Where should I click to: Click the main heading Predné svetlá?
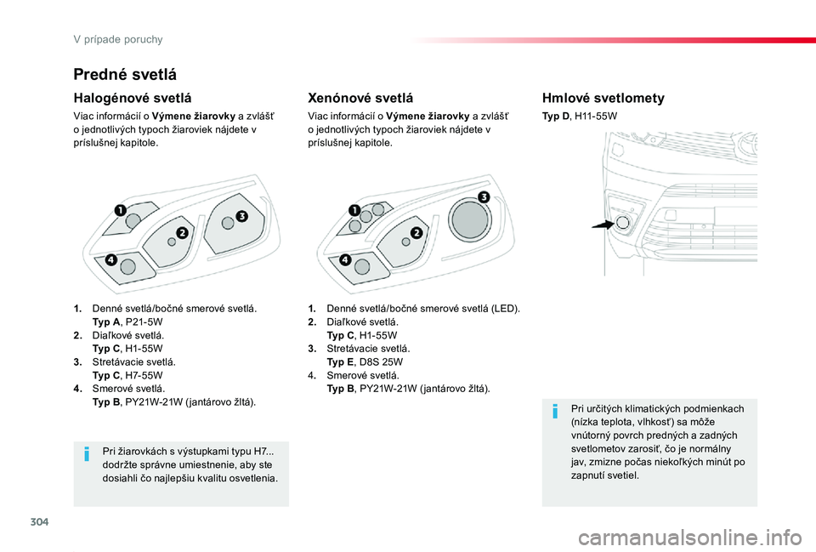tap(125, 75)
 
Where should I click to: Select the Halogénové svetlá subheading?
tap(133, 98)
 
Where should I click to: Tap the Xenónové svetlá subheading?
tap(360, 98)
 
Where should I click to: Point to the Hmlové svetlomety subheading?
tap(603, 98)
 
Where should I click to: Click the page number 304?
tap(40, 521)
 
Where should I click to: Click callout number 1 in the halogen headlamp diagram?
tap(120, 210)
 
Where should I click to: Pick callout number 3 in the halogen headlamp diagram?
tap(241, 216)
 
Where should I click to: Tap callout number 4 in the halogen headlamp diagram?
tap(110, 260)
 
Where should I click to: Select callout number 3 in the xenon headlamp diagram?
tap(484, 196)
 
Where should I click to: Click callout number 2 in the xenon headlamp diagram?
tap(416, 233)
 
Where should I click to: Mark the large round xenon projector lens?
tap(470, 219)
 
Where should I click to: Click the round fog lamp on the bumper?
tap(622, 222)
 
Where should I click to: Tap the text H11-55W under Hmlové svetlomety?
tap(596, 117)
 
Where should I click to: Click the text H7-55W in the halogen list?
tap(144, 375)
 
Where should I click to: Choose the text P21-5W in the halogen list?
tap(144, 322)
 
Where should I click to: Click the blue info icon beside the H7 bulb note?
tap(87, 454)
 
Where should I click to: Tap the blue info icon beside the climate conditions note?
tap(555, 412)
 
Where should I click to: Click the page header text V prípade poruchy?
tap(118, 40)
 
